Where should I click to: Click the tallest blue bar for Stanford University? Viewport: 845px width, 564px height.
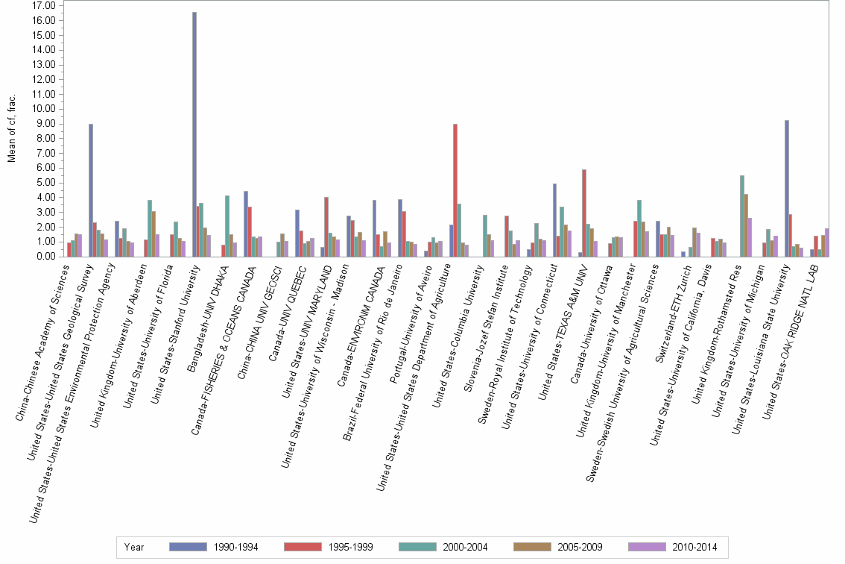pos(194,134)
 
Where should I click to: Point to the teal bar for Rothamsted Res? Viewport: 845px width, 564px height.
pos(742,216)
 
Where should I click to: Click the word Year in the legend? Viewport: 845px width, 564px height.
pos(135,547)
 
